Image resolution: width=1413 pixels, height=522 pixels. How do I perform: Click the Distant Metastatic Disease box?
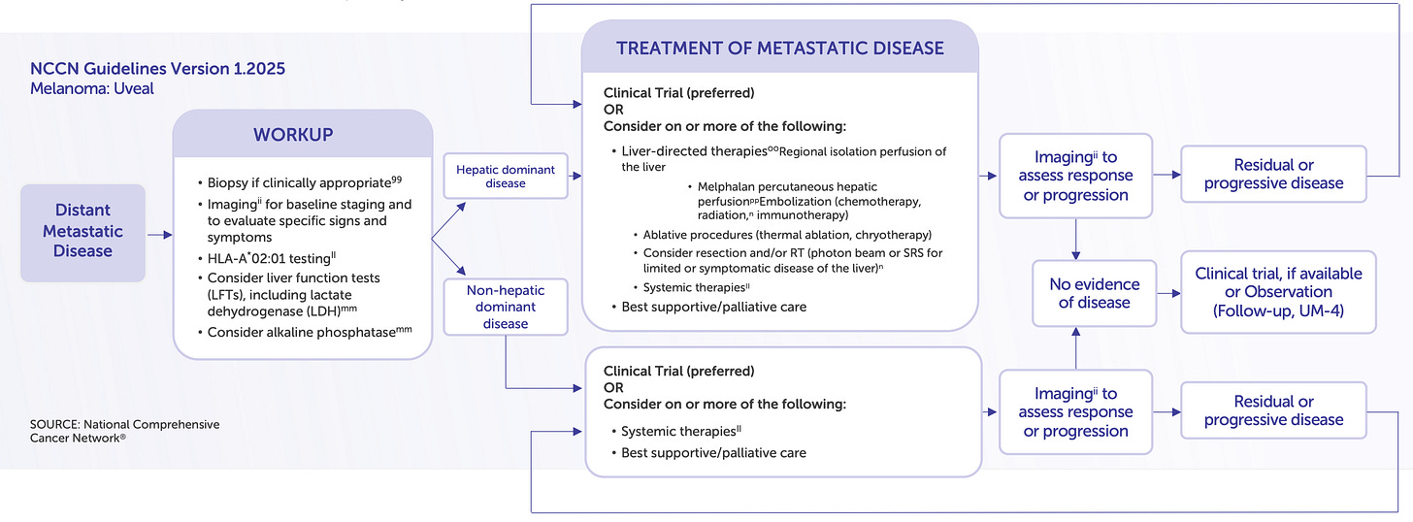point(82,231)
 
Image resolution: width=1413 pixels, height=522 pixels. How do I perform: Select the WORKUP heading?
point(302,135)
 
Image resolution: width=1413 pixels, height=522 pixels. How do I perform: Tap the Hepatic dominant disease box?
point(506,177)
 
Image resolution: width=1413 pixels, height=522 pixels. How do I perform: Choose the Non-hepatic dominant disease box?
point(506,307)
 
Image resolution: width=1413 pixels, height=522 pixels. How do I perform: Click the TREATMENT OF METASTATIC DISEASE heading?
point(780,48)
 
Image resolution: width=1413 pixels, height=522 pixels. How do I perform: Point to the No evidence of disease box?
point(1095,293)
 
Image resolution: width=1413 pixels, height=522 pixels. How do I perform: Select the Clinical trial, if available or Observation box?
point(1278,292)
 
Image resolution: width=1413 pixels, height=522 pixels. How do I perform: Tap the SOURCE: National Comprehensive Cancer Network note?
point(124,431)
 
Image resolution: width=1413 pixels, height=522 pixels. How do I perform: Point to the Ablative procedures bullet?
point(787,235)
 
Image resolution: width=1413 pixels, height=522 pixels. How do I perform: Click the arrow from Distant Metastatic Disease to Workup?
point(159,234)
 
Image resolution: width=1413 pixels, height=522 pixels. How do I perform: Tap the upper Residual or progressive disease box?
point(1273,175)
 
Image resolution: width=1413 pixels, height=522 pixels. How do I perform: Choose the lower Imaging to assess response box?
point(1075,412)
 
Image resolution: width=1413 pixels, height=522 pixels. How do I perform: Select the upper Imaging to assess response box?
point(1075,176)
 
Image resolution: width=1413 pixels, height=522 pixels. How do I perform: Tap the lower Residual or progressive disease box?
point(1273,410)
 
